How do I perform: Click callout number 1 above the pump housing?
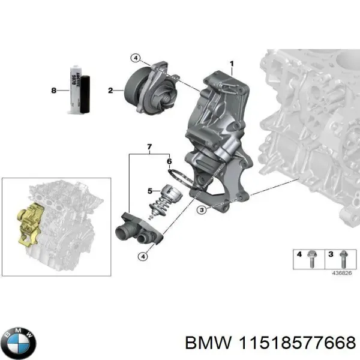(x=232, y=64)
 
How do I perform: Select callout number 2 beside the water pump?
(x=110, y=91)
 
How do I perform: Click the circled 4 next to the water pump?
(x=136, y=58)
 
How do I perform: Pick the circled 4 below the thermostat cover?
(x=142, y=257)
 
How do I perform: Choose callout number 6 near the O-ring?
(x=150, y=147)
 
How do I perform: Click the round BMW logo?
(x=19, y=343)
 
